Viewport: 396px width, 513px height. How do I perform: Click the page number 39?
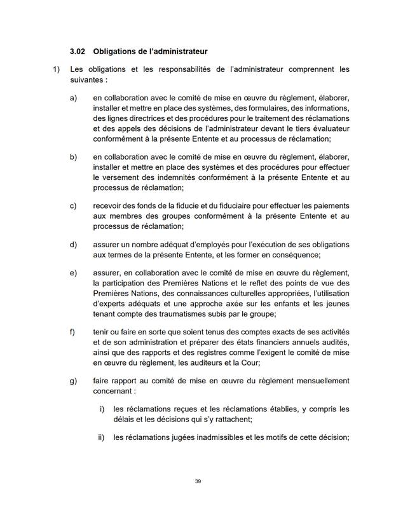coord(198,481)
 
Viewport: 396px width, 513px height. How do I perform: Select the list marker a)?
coord(73,99)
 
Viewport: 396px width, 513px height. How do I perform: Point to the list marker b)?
coord(73,156)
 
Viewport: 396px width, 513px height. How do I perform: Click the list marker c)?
coord(73,206)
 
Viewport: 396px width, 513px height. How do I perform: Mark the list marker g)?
coord(73,381)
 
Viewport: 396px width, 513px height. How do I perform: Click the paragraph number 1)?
coord(56,69)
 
